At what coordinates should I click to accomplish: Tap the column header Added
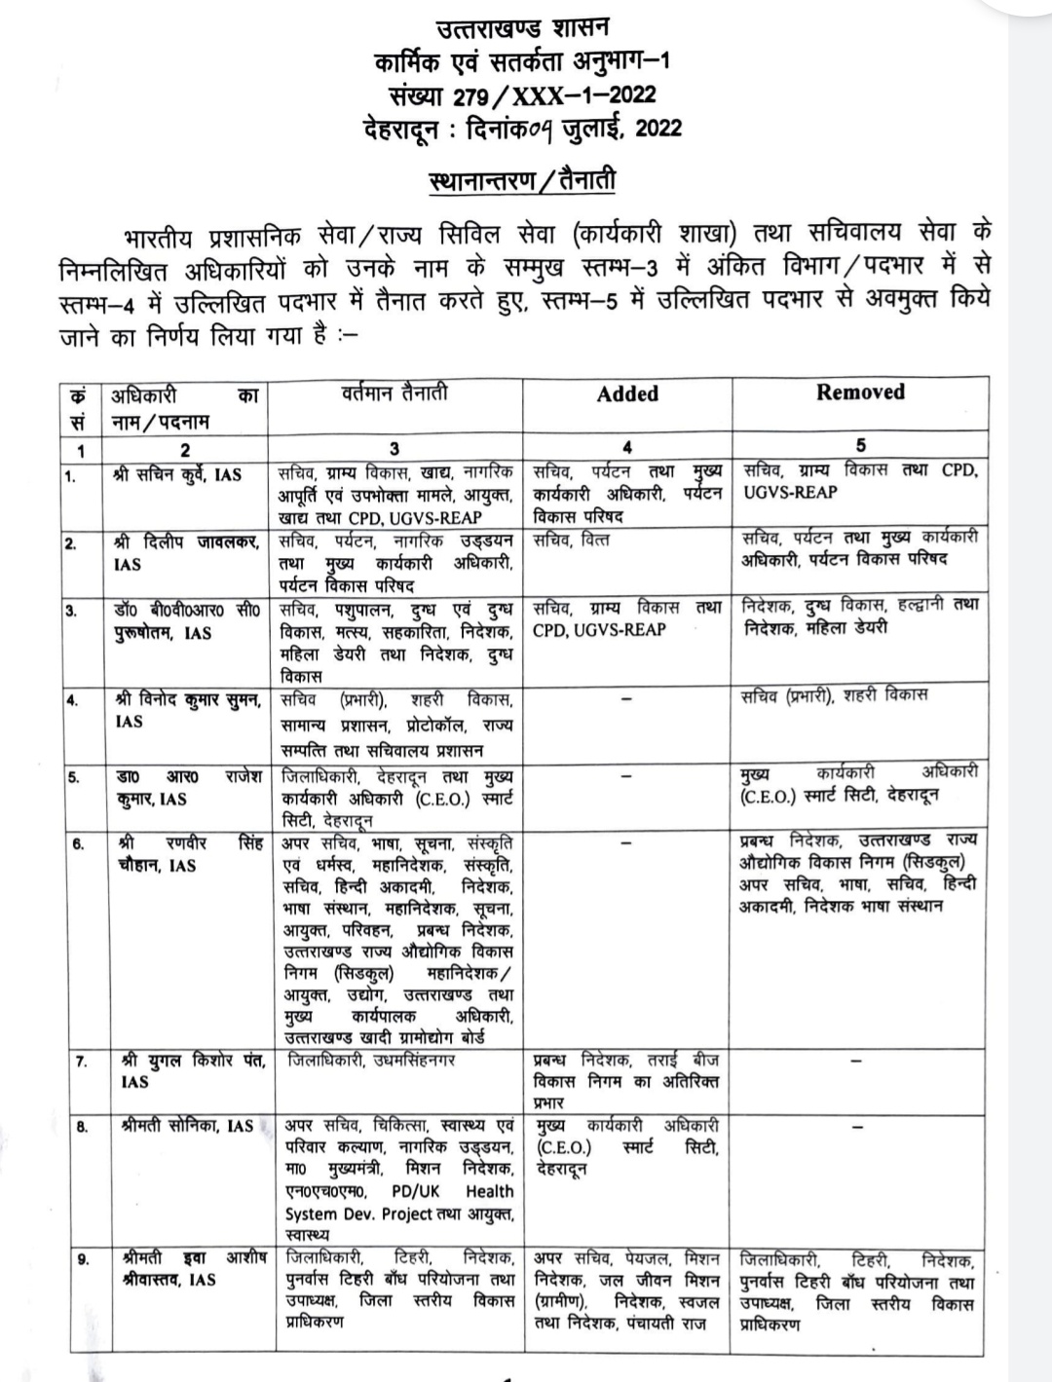coord(627,393)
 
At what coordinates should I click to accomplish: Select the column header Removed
coord(860,392)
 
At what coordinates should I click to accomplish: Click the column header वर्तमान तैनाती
coord(394,393)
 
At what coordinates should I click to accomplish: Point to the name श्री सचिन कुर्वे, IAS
coord(178,475)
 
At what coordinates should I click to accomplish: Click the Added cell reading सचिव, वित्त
coord(571,539)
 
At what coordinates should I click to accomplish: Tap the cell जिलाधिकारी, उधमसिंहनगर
coord(369,1060)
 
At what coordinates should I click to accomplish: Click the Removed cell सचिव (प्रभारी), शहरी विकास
coord(834,695)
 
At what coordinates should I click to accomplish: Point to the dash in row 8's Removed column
coord(858,1126)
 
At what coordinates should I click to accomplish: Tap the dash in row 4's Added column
coord(626,698)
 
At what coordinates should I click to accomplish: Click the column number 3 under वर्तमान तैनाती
coord(394,449)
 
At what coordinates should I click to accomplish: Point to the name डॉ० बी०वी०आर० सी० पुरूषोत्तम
coord(184,621)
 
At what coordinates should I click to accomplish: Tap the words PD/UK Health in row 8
coord(453,1191)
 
